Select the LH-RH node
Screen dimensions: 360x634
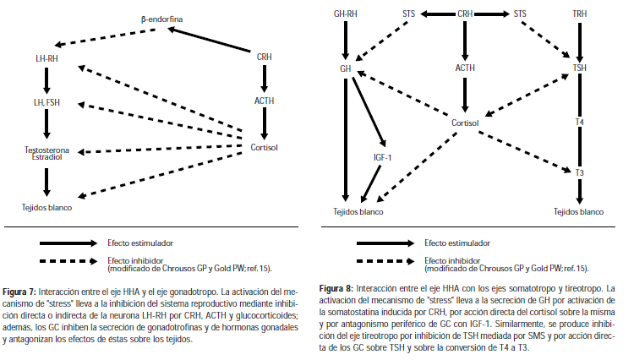47,59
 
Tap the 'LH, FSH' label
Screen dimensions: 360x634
47,104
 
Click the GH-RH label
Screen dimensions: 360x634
345,14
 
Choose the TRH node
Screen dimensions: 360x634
579,14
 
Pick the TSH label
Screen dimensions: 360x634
579,68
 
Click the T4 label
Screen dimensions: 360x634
579,123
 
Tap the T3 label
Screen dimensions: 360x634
579,172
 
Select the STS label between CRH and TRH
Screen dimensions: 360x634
520,14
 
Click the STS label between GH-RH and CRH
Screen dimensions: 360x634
407,14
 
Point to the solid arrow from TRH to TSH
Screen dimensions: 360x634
579,41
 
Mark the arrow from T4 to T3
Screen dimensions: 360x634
579,148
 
